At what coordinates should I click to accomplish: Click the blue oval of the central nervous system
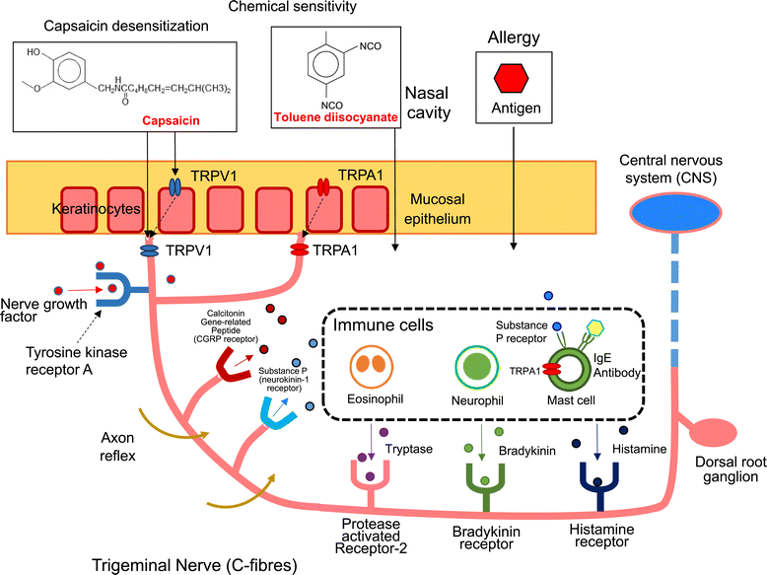pyautogui.click(x=673, y=208)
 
